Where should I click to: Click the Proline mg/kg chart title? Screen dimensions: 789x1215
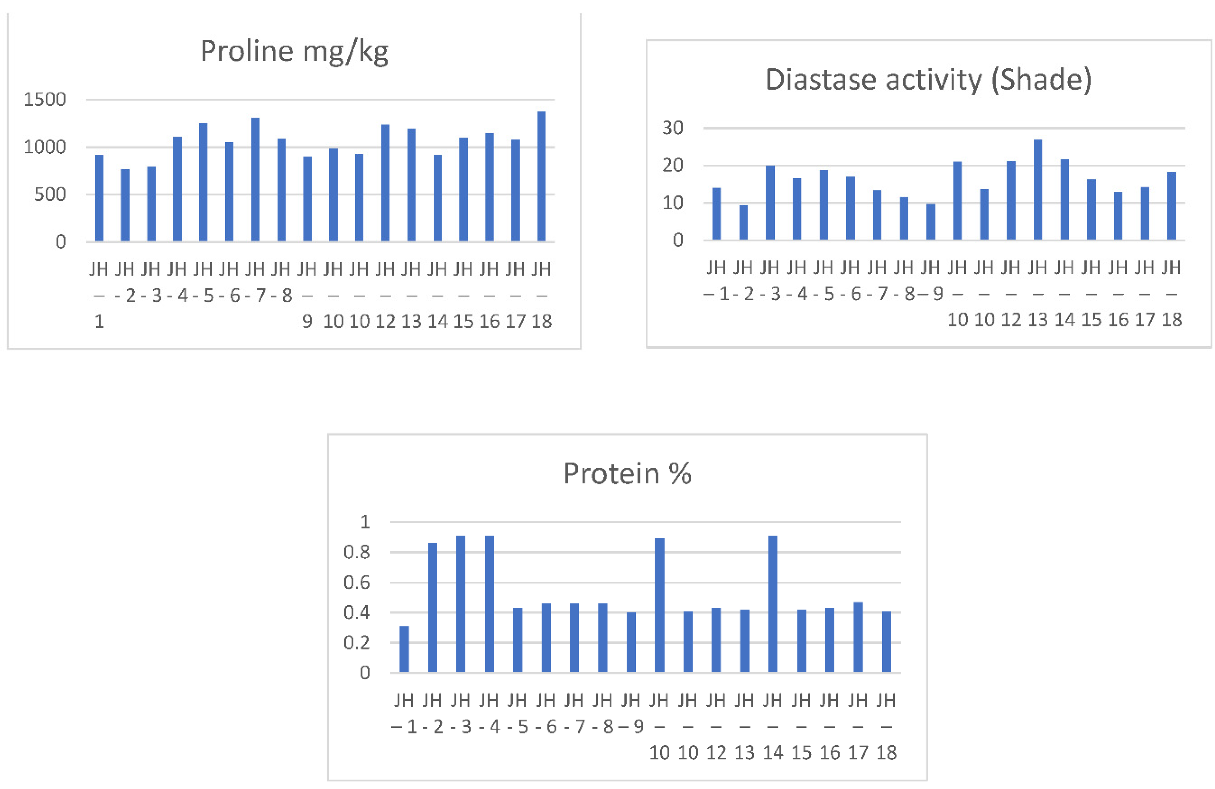click(294, 52)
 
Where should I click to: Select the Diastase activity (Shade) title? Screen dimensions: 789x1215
click(928, 80)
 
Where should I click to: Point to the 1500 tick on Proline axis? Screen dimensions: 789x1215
click(45, 100)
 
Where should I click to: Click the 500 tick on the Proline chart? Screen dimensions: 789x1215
click(50, 194)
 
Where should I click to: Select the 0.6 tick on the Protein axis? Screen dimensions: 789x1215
click(356, 582)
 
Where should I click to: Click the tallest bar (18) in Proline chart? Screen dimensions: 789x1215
click(541, 176)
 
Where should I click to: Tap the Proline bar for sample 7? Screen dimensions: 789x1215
click(255, 180)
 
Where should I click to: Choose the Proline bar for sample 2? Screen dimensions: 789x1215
click(125, 205)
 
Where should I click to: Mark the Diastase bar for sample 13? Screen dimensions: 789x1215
click(1037, 190)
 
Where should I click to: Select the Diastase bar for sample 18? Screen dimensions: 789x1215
click(1172, 206)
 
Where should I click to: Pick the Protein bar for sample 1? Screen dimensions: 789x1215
click(404, 649)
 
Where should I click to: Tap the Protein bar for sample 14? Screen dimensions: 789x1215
click(773, 604)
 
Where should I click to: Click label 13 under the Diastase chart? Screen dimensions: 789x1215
click(1037, 319)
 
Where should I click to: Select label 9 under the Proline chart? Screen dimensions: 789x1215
click(307, 321)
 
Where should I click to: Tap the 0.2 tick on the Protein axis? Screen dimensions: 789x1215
click(356, 643)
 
